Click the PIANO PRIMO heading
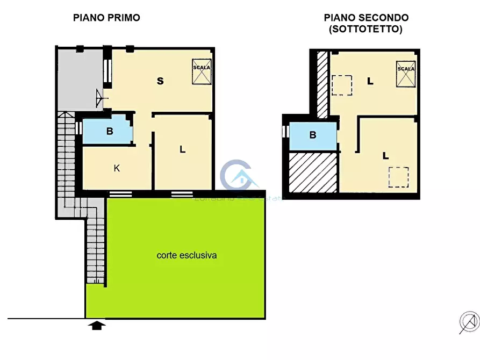click(x=106, y=18)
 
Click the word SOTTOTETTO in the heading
click(x=366, y=30)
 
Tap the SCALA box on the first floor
click(x=202, y=71)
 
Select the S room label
click(x=160, y=81)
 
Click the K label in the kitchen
click(x=117, y=168)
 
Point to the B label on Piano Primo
click(x=109, y=131)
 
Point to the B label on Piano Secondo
click(x=313, y=135)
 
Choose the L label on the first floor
click(x=182, y=150)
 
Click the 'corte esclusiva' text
click(x=187, y=255)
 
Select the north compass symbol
click(x=469, y=322)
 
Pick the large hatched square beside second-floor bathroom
click(x=313, y=172)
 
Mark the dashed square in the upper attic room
click(x=342, y=85)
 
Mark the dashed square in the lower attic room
click(x=398, y=177)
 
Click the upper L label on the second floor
click(x=370, y=82)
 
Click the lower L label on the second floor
click(x=385, y=156)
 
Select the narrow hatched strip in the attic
click(x=322, y=84)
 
